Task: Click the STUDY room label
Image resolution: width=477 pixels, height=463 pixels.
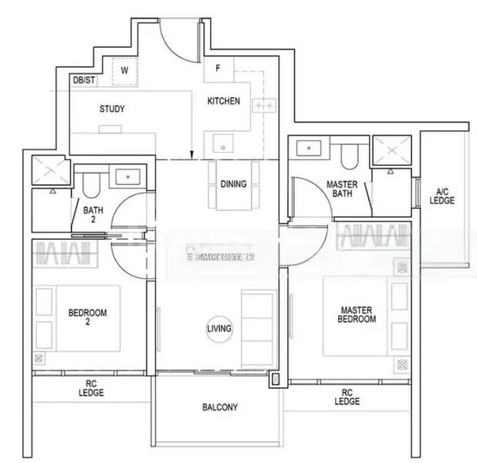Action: pos(112,109)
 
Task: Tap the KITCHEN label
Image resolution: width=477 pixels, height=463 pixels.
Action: pos(224,101)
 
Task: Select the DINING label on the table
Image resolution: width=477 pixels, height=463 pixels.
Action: pos(233,184)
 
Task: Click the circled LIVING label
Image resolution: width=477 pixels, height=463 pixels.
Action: pos(219,329)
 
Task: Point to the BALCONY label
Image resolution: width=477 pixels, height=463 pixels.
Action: pos(220,407)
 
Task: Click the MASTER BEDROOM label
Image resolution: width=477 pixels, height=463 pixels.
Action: pos(357,315)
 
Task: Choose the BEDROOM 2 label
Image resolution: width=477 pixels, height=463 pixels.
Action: pos(87,317)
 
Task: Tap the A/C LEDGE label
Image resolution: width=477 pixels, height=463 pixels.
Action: pos(442,196)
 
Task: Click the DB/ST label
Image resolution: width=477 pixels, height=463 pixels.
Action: pos(83,79)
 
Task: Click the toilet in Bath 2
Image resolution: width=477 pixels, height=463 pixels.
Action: pos(91,184)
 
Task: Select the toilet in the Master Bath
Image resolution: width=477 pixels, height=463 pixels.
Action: pos(348,157)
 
